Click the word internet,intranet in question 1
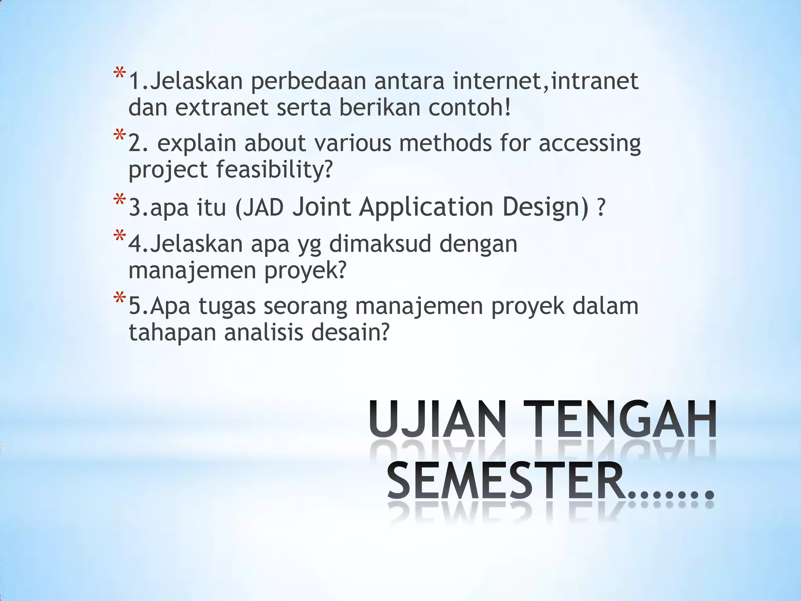pos(546,81)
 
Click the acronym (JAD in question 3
pos(259,207)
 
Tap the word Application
pos(426,207)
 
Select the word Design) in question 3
pos(546,207)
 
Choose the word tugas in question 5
pos(227,307)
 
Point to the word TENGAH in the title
pos(620,419)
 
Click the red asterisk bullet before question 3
pos(119,200)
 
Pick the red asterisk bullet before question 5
pos(119,299)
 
